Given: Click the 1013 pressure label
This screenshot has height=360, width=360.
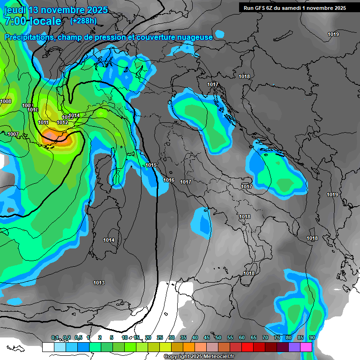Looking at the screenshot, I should click(99, 283).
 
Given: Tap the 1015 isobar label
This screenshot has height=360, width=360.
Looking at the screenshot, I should click(151, 165).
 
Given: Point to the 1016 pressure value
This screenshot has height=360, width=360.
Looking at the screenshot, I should click(169, 180).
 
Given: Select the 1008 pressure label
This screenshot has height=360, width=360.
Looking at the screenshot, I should click(6, 102).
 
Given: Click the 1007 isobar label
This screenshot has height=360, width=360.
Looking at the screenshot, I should click(13, 135).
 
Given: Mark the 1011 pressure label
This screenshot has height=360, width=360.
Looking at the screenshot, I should click(44, 123).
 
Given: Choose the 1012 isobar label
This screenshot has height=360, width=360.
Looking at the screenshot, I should click(62, 123).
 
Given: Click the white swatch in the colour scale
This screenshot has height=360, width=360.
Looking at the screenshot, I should click(48, 347).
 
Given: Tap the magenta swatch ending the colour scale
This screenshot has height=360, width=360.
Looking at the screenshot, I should click(306, 347).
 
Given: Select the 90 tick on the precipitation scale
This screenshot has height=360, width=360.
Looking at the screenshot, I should click(312, 338).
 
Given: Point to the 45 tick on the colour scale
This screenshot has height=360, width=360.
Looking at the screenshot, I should click(207, 338).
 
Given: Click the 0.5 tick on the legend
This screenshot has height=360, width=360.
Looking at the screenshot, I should click(78, 338).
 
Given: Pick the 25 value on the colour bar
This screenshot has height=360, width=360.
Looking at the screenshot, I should click(160, 338).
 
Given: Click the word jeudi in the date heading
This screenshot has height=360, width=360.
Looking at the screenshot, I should click(16, 10).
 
